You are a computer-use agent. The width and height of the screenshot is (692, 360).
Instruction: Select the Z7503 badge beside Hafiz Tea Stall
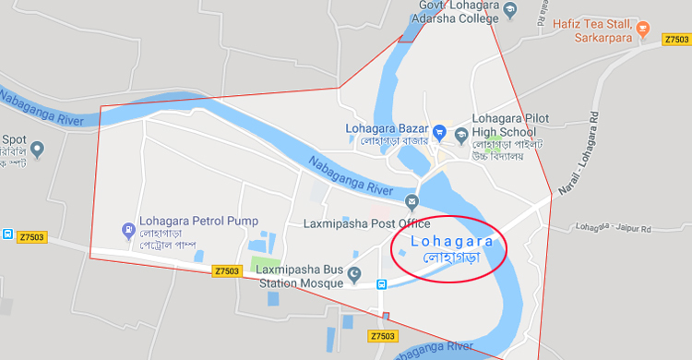(676, 40)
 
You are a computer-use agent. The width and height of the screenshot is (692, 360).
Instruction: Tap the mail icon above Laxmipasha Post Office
(412, 202)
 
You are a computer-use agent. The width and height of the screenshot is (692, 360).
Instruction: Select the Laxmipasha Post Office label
(366, 223)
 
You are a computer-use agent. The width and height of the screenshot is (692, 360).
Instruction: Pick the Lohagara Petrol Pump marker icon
(127, 229)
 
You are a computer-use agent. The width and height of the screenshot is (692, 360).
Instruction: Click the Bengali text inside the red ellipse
(447, 258)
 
